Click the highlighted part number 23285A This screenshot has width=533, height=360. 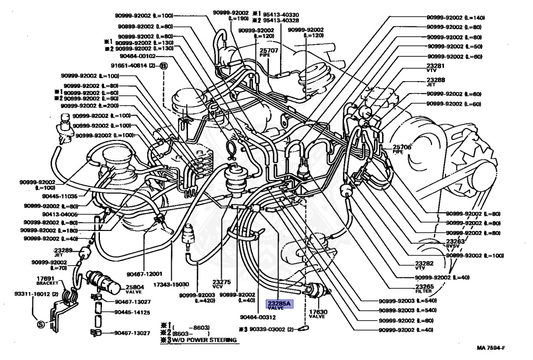pos(280,303)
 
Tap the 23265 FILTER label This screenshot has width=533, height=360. pos(425,289)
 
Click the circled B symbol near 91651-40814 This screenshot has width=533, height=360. pos(163,66)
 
